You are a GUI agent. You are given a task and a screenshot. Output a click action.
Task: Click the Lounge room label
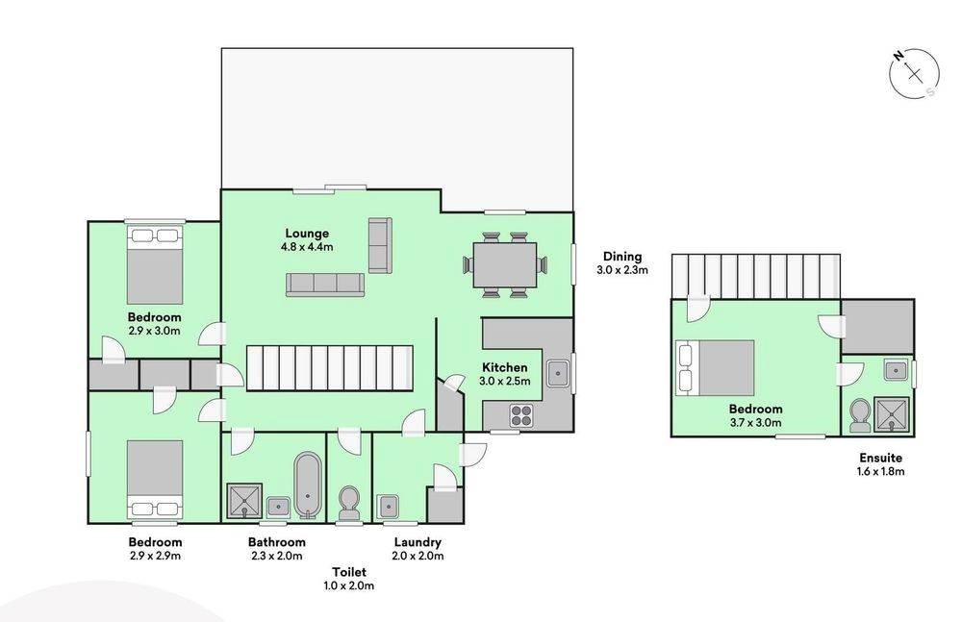pos(307,233)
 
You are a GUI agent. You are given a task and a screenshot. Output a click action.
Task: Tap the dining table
pos(505,265)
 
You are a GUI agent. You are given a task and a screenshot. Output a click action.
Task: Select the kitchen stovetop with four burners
pos(521,415)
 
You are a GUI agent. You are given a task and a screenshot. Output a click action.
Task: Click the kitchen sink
pos(558,374)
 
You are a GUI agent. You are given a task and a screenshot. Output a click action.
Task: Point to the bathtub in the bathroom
pos(308,486)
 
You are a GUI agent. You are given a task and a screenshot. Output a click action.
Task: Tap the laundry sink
pos(389,507)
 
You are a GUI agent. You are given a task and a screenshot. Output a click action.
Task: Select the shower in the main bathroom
pos(244,502)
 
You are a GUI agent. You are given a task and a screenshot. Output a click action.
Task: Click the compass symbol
pos(914,74)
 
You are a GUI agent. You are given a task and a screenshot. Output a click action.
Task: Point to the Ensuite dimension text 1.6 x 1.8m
pos(880,472)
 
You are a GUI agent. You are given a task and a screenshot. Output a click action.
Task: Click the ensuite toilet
pos(859,415)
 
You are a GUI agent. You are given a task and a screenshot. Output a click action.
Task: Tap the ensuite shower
pos(892,414)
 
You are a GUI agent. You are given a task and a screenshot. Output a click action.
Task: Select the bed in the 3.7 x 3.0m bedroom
pos(715,368)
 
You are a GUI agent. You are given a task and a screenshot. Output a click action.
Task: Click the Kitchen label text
pos(504,367)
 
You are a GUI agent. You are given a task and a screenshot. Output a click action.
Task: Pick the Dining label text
pos(622,257)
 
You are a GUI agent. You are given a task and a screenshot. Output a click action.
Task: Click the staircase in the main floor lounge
pos(329,368)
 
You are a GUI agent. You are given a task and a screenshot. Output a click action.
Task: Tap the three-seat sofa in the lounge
pos(325,285)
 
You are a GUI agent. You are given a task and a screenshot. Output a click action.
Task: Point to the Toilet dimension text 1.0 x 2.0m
pos(349,585)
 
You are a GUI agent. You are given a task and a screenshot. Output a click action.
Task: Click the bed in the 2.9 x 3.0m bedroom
pos(155,265)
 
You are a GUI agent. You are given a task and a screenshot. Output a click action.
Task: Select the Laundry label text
pos(418,542)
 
